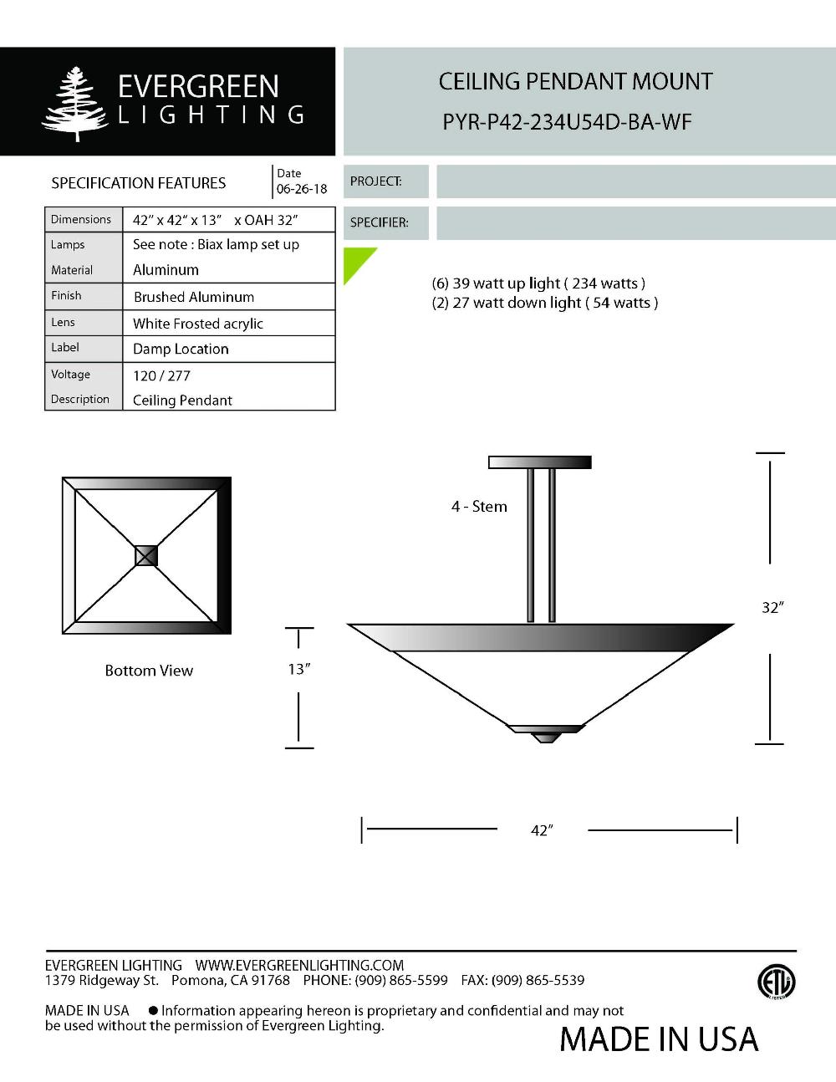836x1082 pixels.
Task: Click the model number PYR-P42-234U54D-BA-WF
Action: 567,122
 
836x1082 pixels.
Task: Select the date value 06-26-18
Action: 302,189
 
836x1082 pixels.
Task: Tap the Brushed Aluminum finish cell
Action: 194,297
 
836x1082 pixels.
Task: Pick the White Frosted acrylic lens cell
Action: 198,324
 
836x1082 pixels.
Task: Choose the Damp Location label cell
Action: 181,349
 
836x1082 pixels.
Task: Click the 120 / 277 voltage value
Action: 162,375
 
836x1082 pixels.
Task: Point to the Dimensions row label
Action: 81,219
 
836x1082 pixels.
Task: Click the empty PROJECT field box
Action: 635,181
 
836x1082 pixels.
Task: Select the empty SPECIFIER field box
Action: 635,223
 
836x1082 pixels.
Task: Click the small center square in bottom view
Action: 146,555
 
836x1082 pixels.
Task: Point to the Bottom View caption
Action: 149,671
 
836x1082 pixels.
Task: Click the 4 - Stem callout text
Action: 479,507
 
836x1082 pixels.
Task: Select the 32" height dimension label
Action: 772,608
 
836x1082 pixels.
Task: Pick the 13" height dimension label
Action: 298,669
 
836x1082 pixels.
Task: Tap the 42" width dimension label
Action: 542,830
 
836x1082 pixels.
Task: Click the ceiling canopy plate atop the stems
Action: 539,462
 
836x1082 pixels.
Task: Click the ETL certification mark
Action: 776,982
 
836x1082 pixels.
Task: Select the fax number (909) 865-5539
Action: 538,980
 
